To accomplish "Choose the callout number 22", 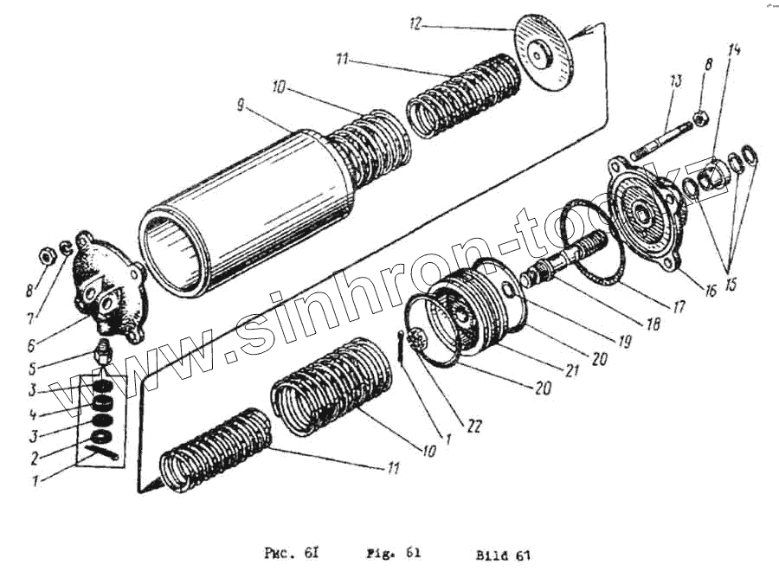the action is coord(474,426).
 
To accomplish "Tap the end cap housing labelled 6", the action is coord(104,285).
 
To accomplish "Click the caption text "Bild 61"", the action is coord(501,555).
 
